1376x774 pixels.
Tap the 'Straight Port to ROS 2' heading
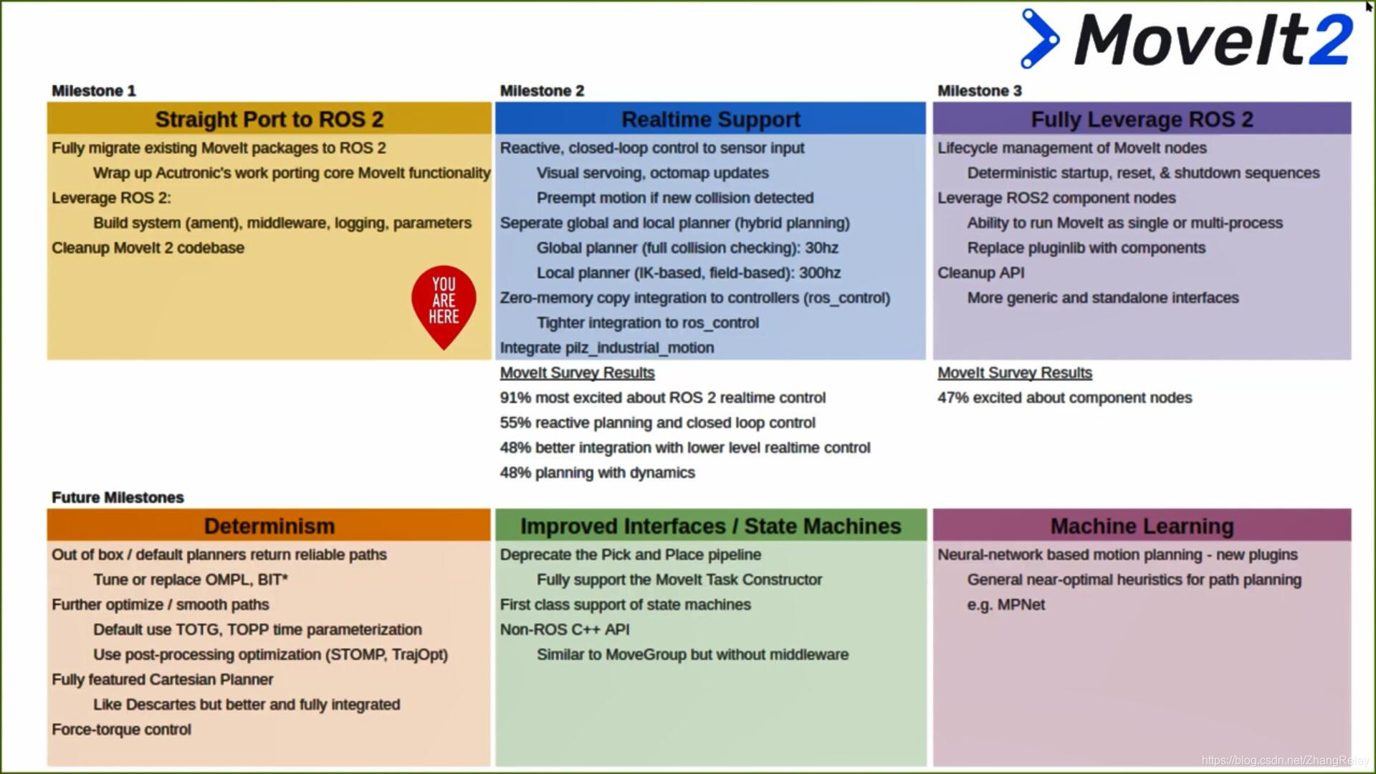(x=269, y=119)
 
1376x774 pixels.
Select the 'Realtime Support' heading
(x=710, y=119)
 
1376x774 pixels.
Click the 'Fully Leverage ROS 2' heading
(x=1142, y=119)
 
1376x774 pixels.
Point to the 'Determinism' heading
(x=269, y=526)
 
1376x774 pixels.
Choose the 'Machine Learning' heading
(x=1142, y=526)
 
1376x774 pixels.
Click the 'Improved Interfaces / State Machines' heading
(x=710, y=526)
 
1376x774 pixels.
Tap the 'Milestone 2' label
(x=542, y=91)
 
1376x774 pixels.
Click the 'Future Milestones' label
(x=118, y=497)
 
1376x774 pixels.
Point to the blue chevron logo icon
(x=1039, y=39)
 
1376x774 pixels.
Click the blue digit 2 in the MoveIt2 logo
(x=1330, y=40)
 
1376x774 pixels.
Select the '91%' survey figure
(x=515, y=398)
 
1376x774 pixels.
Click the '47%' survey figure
(x=952, y=398)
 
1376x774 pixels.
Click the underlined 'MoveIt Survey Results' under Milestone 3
(x=1015, y=373)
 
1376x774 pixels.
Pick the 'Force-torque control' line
(x=121, y=730)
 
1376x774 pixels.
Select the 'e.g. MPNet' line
(x=1005, y=605)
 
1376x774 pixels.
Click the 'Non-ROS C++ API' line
(x=565, y=630)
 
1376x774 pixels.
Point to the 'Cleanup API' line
(x=981, y=273)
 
